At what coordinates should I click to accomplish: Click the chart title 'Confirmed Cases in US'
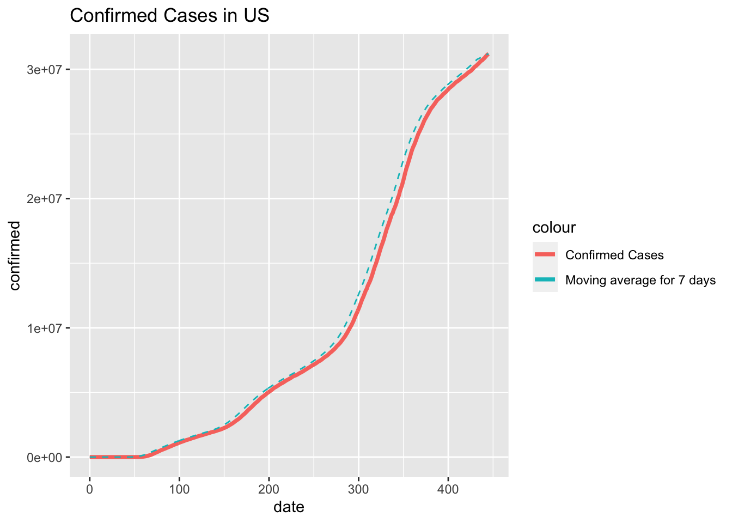click(x=169, y=16)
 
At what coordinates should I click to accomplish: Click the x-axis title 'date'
click(x=289, y=507)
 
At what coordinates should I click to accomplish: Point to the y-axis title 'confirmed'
click(x=15, y=256)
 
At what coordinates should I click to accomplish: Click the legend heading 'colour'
click(x=554, y=228)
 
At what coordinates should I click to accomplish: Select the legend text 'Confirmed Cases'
click(x=614, y=255)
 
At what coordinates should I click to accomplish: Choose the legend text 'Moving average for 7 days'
click(x=640, y=281)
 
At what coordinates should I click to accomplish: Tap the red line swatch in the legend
click(x=545, y=254)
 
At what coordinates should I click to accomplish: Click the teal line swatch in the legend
click(x=545, y=280)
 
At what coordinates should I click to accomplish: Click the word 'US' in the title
click(x=258, y=16)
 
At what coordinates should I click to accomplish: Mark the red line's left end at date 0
click(x=90, y=457)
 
